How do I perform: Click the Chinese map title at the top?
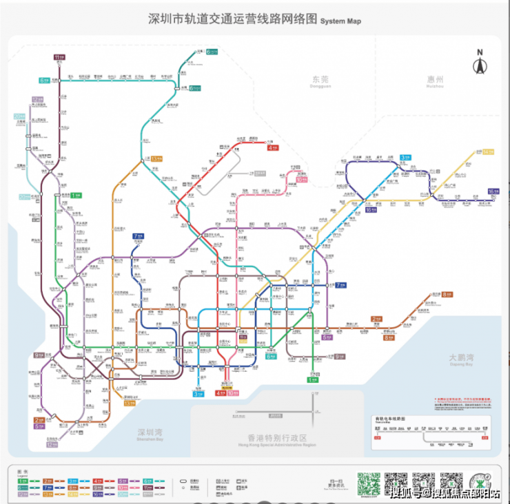pyautogui.click(x=233, y=19)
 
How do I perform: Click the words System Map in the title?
pyautogui.click(x=340, y=21)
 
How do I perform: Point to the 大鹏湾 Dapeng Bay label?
pyautogui.click(x=461, y=359)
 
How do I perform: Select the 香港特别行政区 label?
pyautogui.click(x=276, y=439)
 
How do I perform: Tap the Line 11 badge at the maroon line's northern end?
pyautogui.click(x=59, y=57)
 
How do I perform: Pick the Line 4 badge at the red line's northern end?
pyautogui.click(x=273, y=147)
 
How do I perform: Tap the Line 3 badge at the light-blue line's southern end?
pyautogui.click(x=198, y=394)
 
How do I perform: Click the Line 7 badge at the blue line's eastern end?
pyautogui.click(x=340, y=285)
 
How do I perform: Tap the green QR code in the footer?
pyautogui.click(x=369, y=484)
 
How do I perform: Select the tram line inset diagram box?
pyautogui.click(x=431, y=432)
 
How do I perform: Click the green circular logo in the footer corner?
pyautogui.click(x=481, y=483)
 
